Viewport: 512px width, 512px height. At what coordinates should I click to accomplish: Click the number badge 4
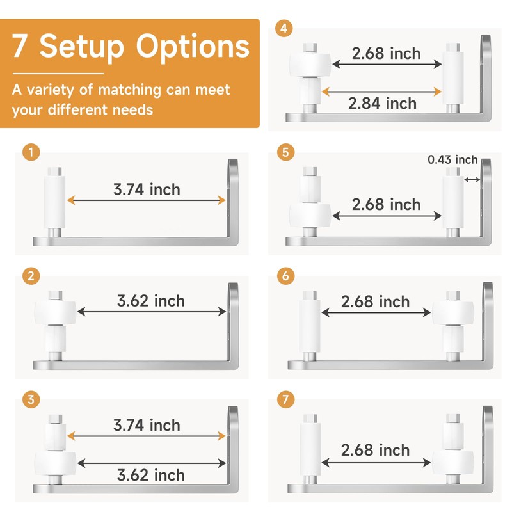point(284,29)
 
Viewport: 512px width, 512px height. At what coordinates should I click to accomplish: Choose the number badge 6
point(284,276)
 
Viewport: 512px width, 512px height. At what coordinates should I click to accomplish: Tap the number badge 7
point(284,399)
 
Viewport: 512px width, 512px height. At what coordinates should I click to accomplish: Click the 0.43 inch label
point(453,160)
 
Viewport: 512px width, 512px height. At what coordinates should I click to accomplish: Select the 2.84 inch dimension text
point(383,104)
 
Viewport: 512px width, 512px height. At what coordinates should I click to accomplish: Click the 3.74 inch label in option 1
point(147,189)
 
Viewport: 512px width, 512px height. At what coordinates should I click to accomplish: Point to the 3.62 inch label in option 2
point(151,301)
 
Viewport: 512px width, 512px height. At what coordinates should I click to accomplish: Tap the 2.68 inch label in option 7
point(375,451)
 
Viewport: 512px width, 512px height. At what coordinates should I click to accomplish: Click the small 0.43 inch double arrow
point(472,180)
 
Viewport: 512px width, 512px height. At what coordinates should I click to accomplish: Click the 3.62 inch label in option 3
point(151,475)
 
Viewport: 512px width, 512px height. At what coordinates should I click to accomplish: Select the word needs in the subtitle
point(132,109)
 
